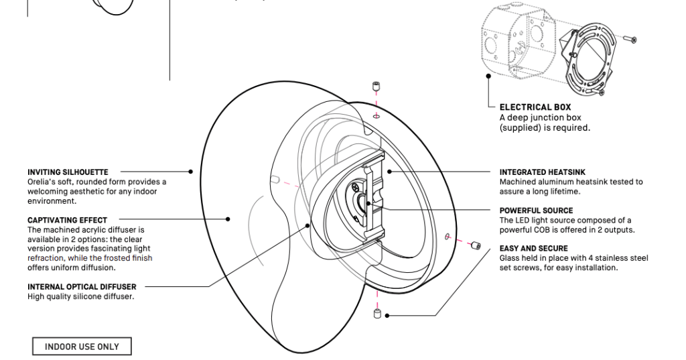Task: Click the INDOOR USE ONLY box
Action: [x=82, y=347]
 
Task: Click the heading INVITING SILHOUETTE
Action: [x=68, y=172]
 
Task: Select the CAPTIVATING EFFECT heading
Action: [x=68, y=220]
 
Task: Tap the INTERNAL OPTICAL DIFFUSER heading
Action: [x=82, y=287]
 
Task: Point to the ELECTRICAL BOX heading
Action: [x=535, y=107]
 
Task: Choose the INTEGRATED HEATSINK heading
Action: [x=543, y=172]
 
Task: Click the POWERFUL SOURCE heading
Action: [x=536, y=211]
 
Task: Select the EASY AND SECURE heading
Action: [x=534, y=248]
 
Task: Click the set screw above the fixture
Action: [x=376, y=86]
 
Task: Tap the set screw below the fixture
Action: [x=378, y=314]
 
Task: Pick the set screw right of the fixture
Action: [x=476, y=245]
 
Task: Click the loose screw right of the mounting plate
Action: [x=630, y=40]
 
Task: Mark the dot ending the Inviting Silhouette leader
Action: [x=190, y=172]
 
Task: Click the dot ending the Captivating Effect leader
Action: [x=228, y=219]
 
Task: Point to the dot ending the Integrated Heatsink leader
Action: [x=389, y=172]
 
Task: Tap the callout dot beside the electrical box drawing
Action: [x=488, y=76]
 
